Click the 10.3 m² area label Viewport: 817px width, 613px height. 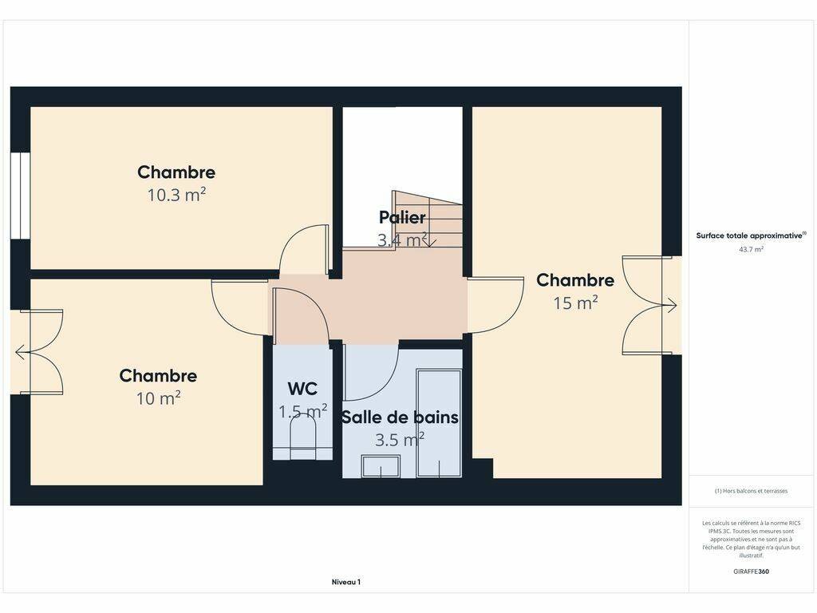(x=176, y=195)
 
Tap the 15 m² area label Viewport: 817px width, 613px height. (x=575, y=303)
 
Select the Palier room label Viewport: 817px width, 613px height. (x=402, y=217)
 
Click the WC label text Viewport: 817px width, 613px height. (x=302, y=389)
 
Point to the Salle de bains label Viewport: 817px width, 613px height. (x=401, y=417)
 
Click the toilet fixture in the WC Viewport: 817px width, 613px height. (x=302, y=439)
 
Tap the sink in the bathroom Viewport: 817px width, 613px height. (x=381, y=466)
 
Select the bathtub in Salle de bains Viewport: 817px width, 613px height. (x=440, y=423)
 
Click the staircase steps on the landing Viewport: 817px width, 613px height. (x=428, y=219)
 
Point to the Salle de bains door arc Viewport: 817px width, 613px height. (x=383, y=385)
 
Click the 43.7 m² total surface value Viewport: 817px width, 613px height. (x=751, y=250)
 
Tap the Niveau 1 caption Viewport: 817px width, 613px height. (x=346, y=582)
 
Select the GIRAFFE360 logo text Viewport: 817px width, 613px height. (x=751, y=571)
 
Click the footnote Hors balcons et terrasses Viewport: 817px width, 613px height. (x=751, y=491)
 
